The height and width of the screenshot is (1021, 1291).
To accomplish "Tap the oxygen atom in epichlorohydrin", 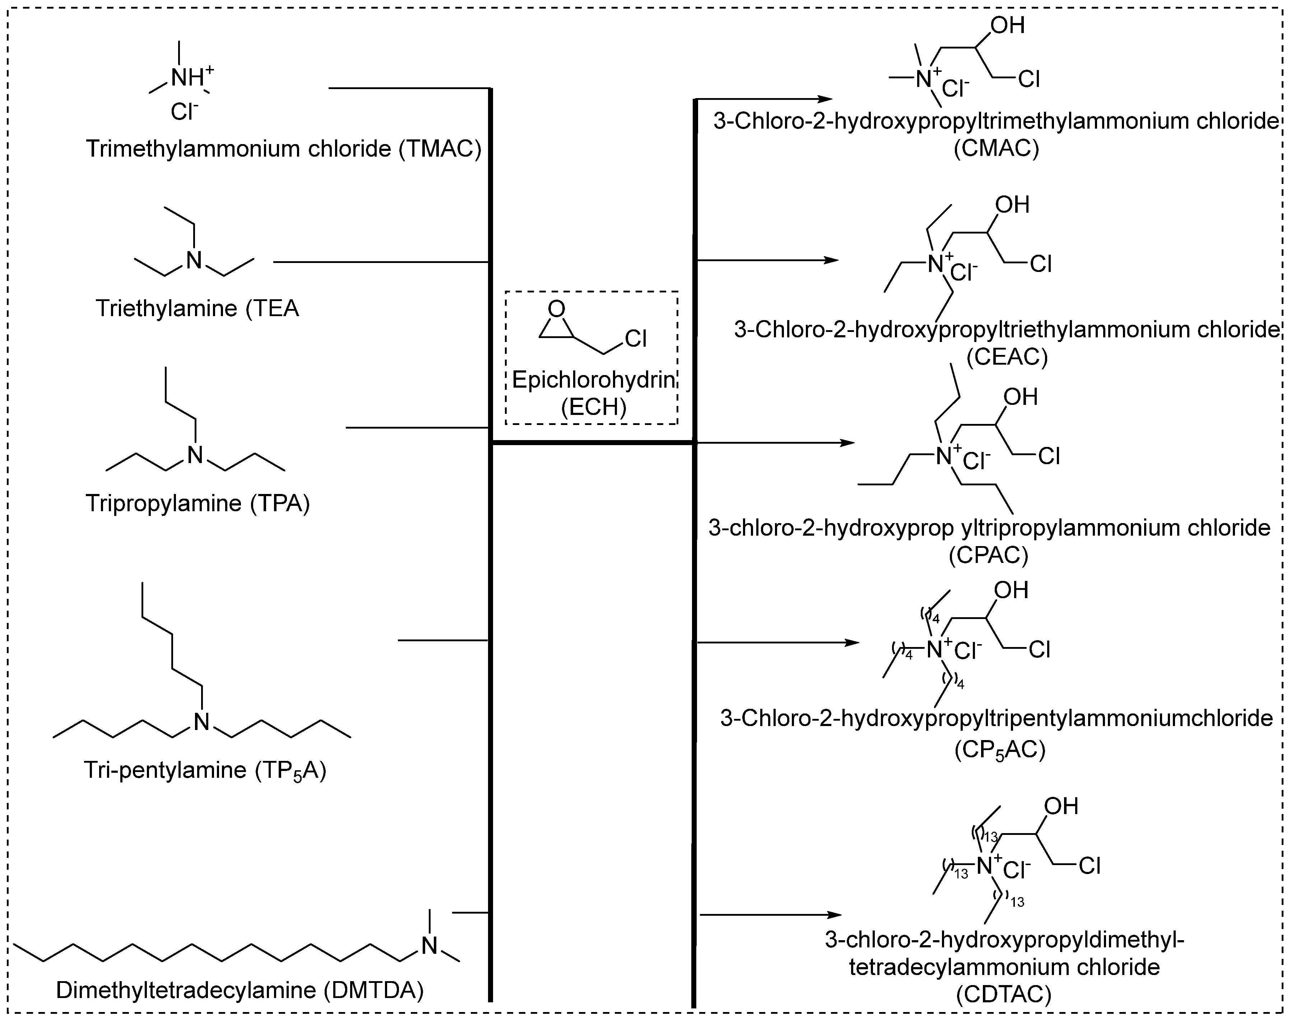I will coord(556,309).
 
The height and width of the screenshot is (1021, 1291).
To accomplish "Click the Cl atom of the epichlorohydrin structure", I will coord(636,339).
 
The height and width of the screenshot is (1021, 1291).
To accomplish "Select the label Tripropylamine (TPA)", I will coord(198,503).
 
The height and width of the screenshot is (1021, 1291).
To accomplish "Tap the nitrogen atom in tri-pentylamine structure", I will coord(202,722).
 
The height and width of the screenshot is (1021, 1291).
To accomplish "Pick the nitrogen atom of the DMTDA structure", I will coord(429,946).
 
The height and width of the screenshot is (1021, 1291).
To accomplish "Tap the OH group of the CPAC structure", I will coord(1020,397).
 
